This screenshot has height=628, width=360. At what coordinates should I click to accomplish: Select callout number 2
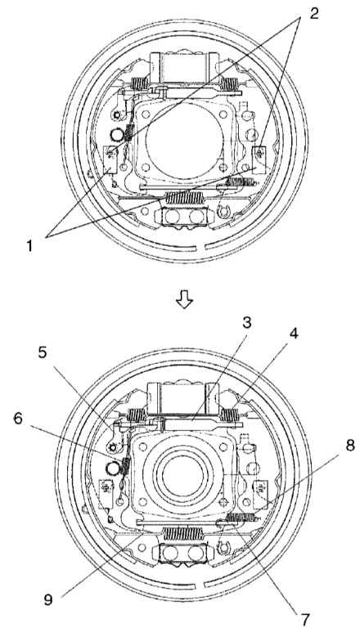point(314,14)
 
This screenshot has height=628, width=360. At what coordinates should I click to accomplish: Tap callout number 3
point(247,323)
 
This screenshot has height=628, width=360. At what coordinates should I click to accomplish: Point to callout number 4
point(295,333)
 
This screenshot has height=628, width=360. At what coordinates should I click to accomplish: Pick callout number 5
point(42,352)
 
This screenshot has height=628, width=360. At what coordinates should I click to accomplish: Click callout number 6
point(19,419)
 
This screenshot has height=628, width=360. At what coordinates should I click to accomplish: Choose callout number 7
point(305,619)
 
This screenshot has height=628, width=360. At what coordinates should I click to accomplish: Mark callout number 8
point(350,446)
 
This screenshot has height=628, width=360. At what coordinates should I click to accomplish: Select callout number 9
point(48,600)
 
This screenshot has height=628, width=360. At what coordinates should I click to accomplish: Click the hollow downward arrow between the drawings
point(184,299)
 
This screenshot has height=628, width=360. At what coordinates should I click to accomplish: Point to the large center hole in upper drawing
point(184,141)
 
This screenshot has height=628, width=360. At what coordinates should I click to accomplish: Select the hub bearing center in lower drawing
point(185,475)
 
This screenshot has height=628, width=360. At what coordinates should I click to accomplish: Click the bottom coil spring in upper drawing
point(185,197)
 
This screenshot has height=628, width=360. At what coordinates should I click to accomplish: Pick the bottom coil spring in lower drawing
point(183,533)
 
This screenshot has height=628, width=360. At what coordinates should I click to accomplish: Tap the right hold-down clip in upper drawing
point(260,159)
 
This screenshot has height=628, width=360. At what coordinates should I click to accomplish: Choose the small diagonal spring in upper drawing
point(128,133)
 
